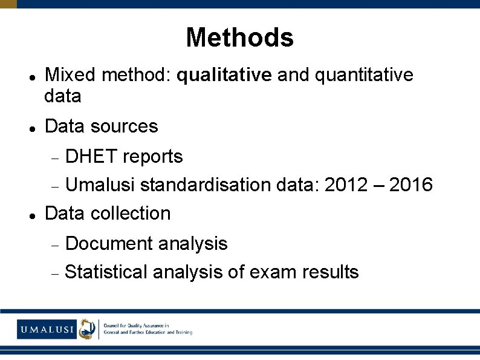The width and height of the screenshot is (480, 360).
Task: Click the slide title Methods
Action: click(x=239, y=38)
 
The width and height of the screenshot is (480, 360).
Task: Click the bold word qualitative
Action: click(x=224, y=75)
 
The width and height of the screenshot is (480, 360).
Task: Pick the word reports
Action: click(x=152, y=157)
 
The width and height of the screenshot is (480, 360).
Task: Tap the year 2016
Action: click(x=411, y=185)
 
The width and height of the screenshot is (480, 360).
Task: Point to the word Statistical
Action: click(x=106, y=272)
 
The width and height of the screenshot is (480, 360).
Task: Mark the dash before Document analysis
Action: click(x=54, y=244)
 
